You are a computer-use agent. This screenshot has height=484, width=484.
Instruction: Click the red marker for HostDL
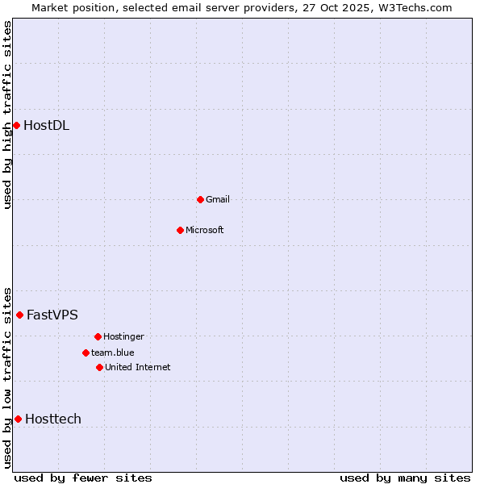coord(16,125)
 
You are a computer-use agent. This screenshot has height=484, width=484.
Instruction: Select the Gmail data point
coord(200,199)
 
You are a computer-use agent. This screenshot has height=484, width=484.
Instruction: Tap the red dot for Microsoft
coord(180,230)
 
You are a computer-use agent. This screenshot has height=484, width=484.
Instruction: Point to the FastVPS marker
coord(19,315)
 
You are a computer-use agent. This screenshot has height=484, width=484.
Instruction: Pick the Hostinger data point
coord(98,336)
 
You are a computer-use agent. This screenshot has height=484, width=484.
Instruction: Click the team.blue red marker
coord(86,353)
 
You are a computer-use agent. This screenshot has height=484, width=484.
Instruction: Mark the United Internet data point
coord(99,367)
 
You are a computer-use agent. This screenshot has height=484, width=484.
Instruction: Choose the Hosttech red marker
coord(18,419)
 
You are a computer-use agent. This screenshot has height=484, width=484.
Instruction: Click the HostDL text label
coord(46,125)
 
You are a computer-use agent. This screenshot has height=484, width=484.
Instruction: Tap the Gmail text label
coord(218,199)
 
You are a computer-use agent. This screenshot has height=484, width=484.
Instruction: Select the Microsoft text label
coord(205,230)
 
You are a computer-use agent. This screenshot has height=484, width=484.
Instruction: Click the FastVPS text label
coord(52,315)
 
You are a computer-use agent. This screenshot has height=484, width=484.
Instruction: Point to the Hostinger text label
coord(123,336)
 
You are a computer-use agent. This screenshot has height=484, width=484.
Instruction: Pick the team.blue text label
coord(113,353)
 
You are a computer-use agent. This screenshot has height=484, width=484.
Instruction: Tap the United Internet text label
coord(138,367)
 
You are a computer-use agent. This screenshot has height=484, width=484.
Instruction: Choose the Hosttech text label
coord(53,419)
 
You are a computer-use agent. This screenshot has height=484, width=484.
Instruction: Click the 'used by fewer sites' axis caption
coord(83,478)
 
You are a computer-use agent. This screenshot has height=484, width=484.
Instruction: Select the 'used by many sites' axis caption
coord(405,478)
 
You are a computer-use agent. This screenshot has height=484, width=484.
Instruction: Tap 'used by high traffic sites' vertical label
coord(7,115)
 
